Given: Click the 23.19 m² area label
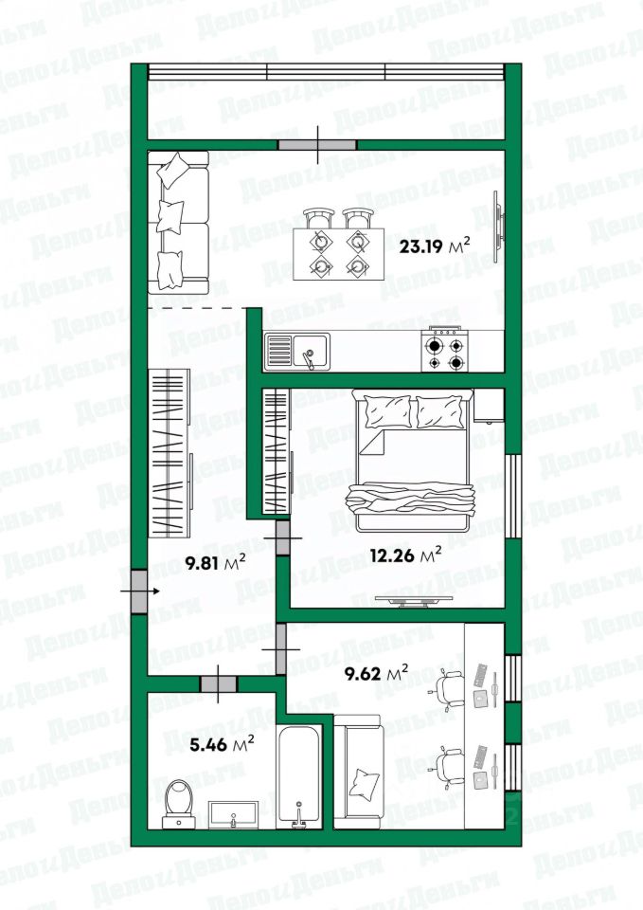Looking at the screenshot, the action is [x=435, y=246].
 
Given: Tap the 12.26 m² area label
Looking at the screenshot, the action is [x=405, y=556].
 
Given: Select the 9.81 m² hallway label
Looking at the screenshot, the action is [x=215, y=562].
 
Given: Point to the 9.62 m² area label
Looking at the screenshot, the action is [x=376, y=673].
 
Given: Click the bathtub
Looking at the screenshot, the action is [x=298, y=776].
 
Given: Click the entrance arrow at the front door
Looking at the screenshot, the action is [x=140, y=591].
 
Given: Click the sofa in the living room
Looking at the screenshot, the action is [x=178, y=223].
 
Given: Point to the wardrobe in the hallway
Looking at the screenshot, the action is [x=170, y=453].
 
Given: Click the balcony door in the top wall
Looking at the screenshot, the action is [x=317, y=144].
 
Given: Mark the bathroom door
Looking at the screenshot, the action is [x=219, y=684].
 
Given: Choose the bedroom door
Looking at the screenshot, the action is [x=283, y=538].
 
